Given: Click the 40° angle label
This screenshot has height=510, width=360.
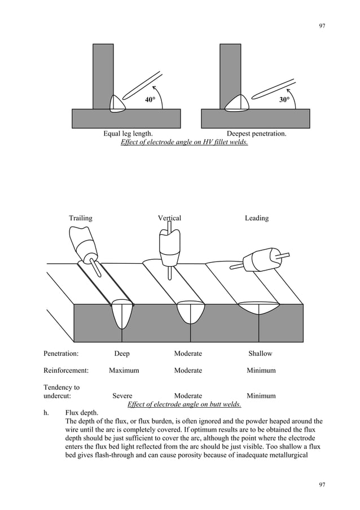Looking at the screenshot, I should click(150, 100).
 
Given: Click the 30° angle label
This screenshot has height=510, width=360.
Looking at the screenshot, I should click(284, 100).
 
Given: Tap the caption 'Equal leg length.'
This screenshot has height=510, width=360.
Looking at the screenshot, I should click(128, 134).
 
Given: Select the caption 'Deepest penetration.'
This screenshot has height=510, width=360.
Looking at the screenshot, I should click(256, 134).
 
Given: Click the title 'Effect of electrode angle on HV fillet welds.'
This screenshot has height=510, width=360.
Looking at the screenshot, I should click(184, 142).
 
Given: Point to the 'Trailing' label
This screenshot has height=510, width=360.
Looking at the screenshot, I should click(81, 218).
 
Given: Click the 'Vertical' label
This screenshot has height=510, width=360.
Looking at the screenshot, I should click(169, 218).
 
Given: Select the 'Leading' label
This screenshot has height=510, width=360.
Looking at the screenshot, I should click(257, 218).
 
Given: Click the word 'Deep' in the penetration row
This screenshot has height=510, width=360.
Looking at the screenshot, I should click(122, 354).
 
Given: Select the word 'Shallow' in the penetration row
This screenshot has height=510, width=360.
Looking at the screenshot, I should click(260, 354).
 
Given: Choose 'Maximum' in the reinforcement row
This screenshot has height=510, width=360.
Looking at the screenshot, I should click(124, 370).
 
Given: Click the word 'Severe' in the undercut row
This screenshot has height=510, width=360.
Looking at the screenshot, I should click(122, 396).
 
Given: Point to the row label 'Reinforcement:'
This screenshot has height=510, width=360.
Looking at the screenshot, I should click(66, 370).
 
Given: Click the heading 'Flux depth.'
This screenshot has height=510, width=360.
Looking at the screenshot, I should click(82, 413).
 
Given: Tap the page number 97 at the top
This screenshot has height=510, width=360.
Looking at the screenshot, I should click(322, 26).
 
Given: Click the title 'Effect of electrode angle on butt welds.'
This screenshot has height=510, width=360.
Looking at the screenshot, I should click(185, 404).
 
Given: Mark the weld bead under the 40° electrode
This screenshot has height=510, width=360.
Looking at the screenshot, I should click(117, 103).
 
